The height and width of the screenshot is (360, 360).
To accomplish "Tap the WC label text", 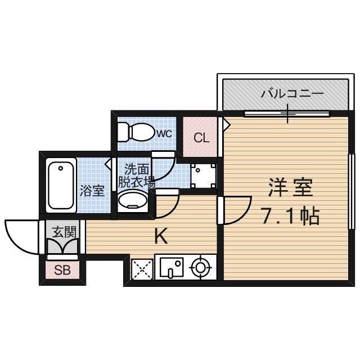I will tap(164, 133).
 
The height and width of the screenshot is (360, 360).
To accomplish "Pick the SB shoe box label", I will tap(62, 271).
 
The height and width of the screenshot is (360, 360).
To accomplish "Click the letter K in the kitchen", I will tap(161, 237).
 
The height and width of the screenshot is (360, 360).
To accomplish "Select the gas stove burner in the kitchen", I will tap(200, 268).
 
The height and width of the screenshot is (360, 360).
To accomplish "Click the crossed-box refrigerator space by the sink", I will tap(142, 268).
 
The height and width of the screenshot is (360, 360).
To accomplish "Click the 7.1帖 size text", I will tap(290, 215).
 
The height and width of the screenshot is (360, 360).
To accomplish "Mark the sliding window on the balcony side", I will tap(287, 114).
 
